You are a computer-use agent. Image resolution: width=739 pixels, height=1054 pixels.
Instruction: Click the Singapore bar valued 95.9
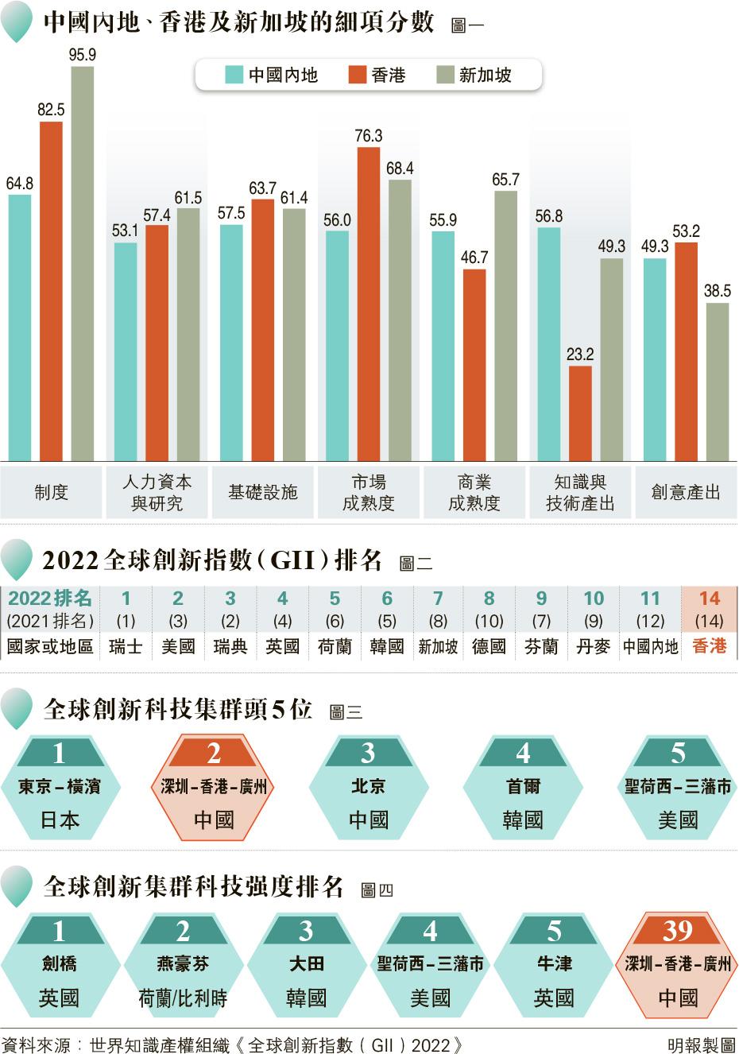pyautogui.click(x=83, y=262)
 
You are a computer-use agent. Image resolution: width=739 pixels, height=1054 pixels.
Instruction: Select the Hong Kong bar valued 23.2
pyautogui.click(x=580, y=413)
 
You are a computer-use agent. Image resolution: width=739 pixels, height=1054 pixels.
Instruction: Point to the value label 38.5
pyautogui.click(x=717, y=291)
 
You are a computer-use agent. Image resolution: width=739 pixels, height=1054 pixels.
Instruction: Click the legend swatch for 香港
pyautogui.click(x=358, y=76)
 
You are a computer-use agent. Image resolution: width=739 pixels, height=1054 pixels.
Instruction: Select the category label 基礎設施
pyautogui.click(x=263, y=493)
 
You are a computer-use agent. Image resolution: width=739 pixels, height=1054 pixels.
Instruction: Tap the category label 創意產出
pyautogui.click(x=686, y=493)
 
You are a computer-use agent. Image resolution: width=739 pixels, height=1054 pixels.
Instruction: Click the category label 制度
pyautogui.click(x=52, y=493)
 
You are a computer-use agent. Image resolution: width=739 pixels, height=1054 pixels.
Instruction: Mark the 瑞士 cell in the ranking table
pyautogui.click(x=126, y=646)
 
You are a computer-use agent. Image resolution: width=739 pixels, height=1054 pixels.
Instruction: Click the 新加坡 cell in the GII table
pyautogui.click(x=438, y=646)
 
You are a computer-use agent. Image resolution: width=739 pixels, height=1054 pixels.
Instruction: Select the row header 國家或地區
pyautogui.click(x=50, y=646)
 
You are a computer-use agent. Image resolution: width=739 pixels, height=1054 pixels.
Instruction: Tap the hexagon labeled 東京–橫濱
pyautogui.click(x=60, y=787)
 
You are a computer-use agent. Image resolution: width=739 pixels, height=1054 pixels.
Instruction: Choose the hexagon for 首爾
pyautogui.click(x=523, y=787)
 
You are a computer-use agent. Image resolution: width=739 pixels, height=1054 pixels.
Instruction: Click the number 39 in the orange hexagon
pyautogui.click(x=678, y=930)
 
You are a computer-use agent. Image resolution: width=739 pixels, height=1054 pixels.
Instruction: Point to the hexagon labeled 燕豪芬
pyautogui.click(x=183, y=964)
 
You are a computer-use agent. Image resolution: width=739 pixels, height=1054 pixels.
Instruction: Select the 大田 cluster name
pyautogui.click(x=306, y=964)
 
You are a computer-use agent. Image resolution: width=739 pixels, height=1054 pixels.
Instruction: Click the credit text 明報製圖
pyautogui.click(x=701, y=1044)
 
